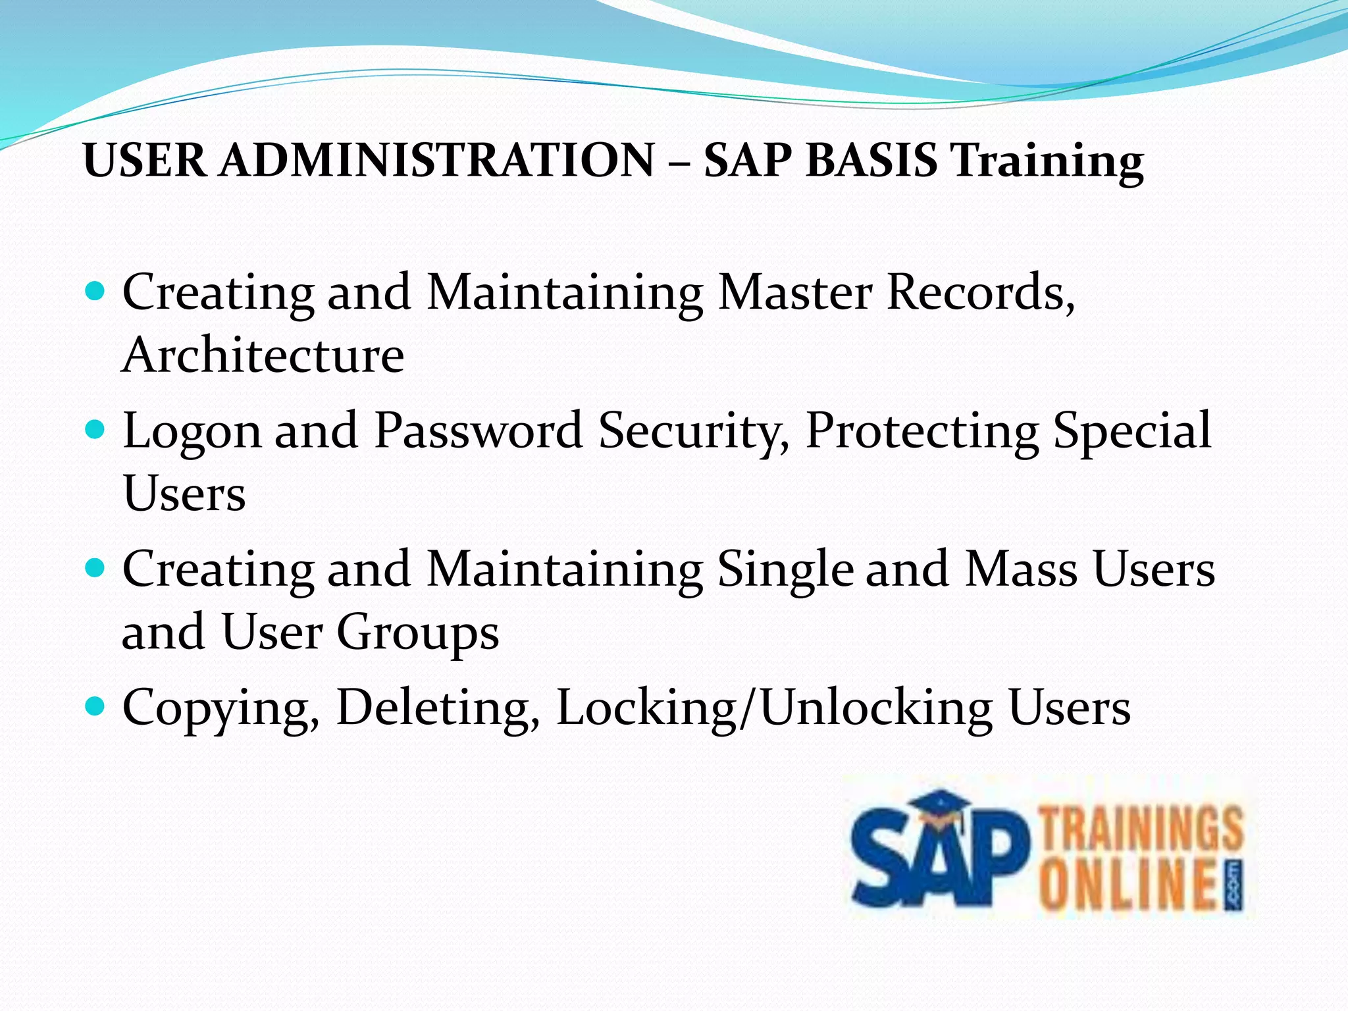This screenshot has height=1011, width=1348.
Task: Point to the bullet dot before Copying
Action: click(95, 706)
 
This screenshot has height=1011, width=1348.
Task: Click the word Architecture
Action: click(263, 355)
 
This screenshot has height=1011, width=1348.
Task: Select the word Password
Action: click(479, 430)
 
